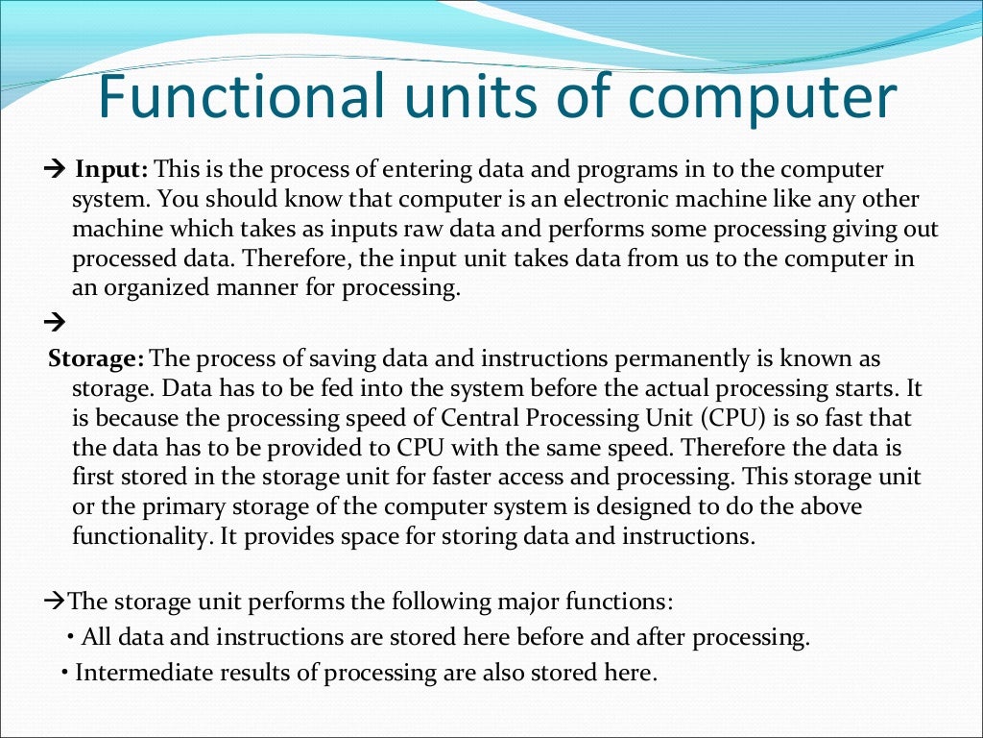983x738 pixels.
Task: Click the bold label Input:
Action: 112,170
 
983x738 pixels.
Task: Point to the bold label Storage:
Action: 96,358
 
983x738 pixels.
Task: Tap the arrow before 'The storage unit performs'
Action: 56,603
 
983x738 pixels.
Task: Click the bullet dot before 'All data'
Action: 73,637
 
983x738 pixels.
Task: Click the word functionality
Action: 131,536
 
